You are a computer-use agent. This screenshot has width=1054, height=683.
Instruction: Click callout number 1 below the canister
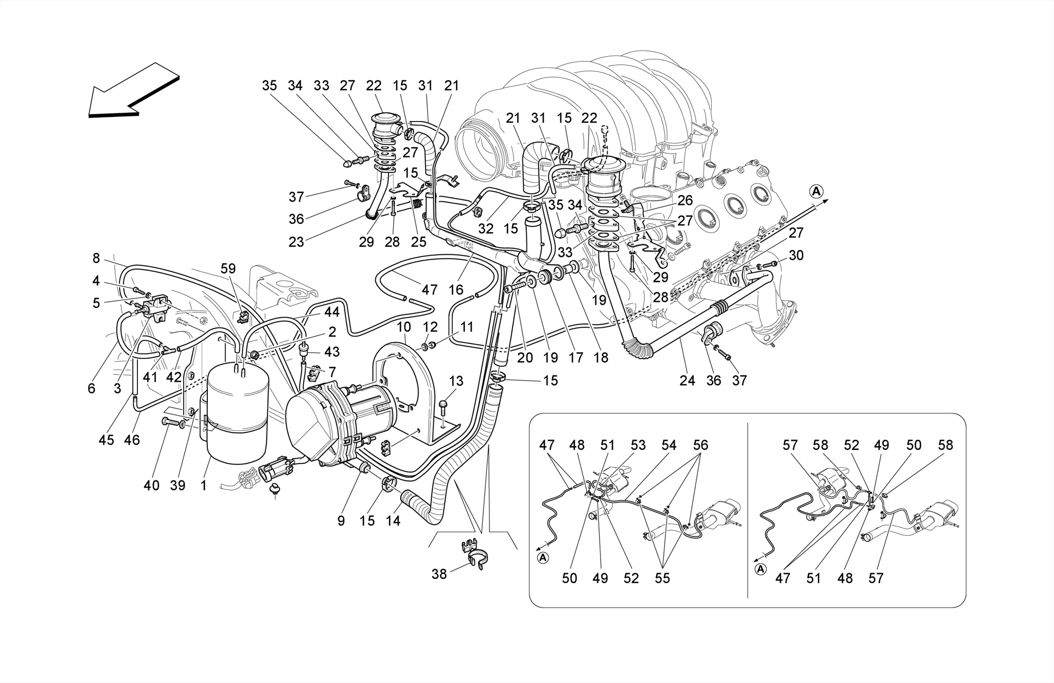(x=203, y=485)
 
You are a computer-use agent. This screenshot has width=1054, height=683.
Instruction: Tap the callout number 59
(x=228, y=268)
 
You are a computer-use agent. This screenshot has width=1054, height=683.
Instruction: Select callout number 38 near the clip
(x=439, y=574)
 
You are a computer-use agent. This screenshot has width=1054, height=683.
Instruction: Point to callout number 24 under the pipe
(x=687, y=380)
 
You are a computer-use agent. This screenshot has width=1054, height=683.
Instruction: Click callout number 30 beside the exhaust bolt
(x=796, y=255)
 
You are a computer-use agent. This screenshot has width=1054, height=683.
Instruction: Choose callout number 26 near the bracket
(x=685, y=200)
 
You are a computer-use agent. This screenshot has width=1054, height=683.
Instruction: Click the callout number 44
(x=331, y=312)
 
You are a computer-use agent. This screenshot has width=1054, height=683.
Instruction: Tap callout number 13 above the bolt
(x=456, y=381)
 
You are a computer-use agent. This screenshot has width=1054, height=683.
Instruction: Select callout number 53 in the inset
(x=638, y=445)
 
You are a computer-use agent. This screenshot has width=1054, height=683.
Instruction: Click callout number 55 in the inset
(x=662, y=578)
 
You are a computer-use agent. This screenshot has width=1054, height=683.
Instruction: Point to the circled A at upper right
(x=816, y=191)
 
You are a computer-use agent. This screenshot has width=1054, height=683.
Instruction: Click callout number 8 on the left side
(x=96, y=258)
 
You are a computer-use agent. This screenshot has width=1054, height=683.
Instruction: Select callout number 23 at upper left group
(x=296, y=241)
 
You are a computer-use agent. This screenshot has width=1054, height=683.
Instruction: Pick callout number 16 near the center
(x=456, y=290)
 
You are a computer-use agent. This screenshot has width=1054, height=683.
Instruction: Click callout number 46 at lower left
(x=132, y=440)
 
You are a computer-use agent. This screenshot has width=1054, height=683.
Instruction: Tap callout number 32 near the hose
(x=485, y=229)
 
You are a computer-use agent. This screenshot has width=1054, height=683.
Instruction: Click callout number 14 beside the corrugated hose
(x=393, y=521)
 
